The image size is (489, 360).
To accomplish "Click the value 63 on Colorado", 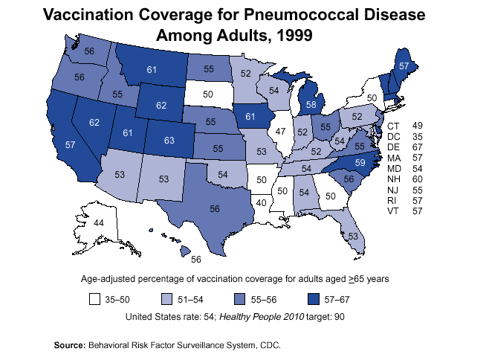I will pyautogui.click(x=169, y=139).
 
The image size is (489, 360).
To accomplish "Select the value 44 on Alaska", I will pyautogui.click(x=98, y=222).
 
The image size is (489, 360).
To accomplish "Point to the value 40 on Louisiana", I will pyautogui.click(x=262, y=202).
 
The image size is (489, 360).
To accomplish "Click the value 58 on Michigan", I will pyautogui.click(x=311, y=105).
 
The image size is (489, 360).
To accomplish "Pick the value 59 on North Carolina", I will pyautogui.click(x=359, y=161).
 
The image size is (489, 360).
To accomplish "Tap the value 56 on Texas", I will pyautogui.click(x=215, y=209).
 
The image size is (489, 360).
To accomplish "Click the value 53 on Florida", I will pyautogui.click(x=353, y=235).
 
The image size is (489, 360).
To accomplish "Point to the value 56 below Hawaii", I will pyautogui.click(x=196, y=260).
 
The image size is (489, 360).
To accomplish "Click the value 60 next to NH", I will pyautogui.click(x=418, y=180).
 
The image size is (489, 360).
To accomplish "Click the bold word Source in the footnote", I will pyautogui.click(x=70, y=345).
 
